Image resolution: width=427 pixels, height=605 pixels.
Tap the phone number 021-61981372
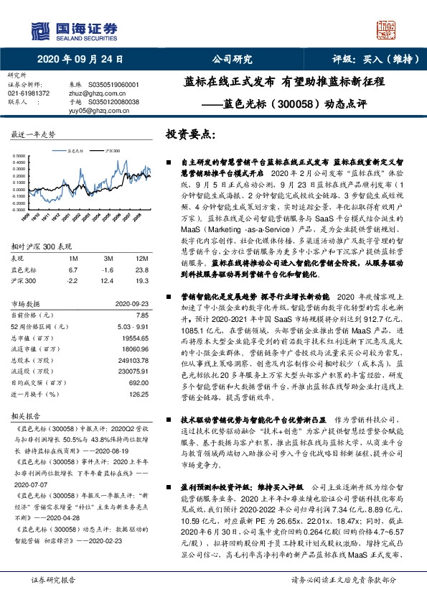pos(29,93)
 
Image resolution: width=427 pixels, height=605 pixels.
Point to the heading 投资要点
pos(190,134)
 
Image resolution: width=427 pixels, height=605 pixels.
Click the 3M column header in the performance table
pos(108,258)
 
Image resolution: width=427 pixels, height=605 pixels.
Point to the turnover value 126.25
pos(136,394)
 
